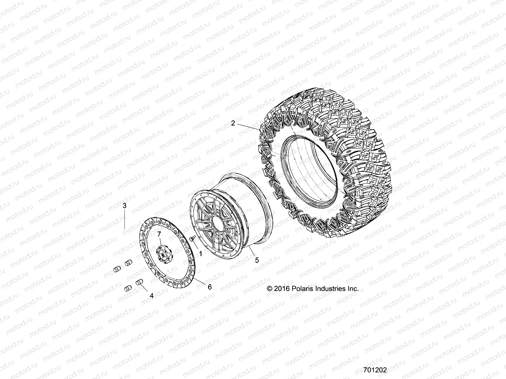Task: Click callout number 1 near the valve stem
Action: tap(200, 253)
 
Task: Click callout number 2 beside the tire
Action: tap(233, 123)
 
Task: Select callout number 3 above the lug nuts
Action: tap(125, 206)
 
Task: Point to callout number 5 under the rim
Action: tap(257, 260)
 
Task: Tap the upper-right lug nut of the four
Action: tap(128, 262)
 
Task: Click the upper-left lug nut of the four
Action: tap(116, 269)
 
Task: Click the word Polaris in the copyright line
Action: tap(299, 288)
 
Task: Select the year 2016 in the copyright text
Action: tap(281, 288)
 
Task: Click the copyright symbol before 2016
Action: tap(270, 289)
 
